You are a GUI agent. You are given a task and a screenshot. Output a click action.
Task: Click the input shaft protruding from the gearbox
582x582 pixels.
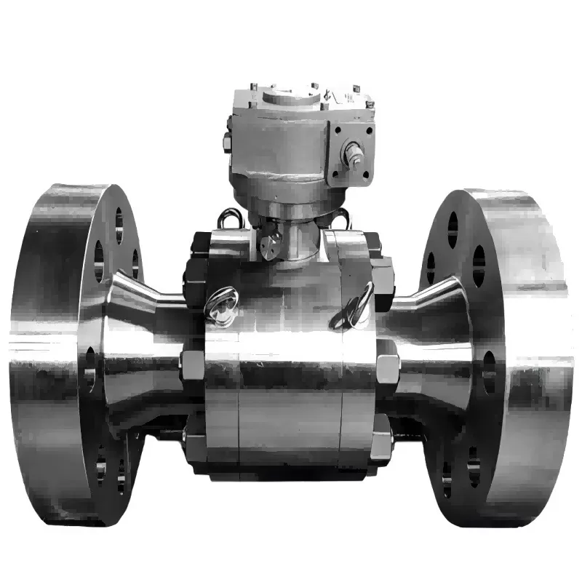coord(356,156)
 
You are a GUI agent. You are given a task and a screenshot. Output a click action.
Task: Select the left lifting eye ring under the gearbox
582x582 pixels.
coord(230,218)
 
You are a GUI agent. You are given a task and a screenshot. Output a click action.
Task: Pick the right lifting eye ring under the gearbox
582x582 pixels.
coord(339,216)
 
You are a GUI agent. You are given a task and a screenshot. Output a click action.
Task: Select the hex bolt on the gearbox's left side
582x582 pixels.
coord(226,141)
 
